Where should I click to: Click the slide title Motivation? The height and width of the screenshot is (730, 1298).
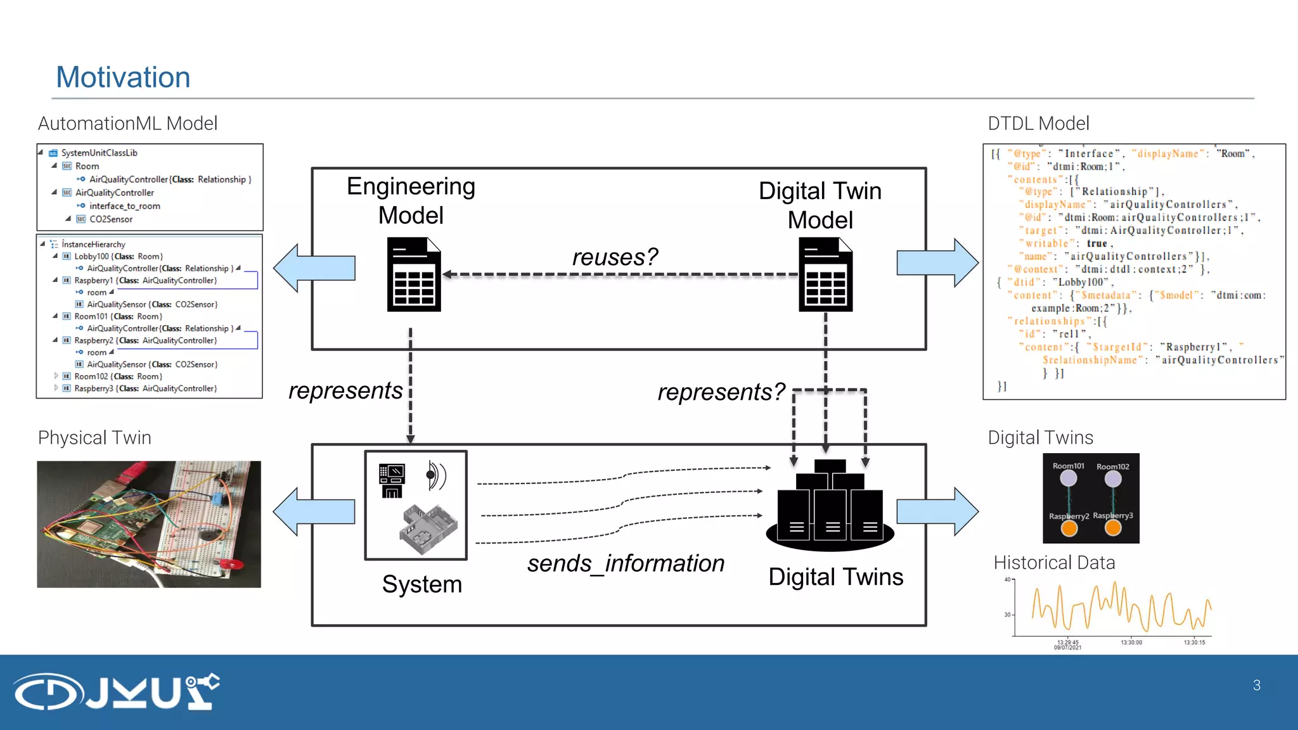point(123,77)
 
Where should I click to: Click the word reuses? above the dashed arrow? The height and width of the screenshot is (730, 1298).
point(614,257)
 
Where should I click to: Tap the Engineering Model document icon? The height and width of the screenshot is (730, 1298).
point(414,274)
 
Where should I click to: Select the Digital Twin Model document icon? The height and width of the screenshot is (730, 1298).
point(825,274)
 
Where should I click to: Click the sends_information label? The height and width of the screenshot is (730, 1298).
point(625,563)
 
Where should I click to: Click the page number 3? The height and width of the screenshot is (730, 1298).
point(1256,685)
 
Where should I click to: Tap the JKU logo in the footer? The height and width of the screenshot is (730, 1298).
point(117,691)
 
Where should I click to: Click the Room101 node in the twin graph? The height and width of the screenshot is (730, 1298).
point(1069,478)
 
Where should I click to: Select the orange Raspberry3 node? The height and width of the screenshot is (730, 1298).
point(1113,528)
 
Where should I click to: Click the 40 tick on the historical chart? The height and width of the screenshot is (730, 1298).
point(1007,579)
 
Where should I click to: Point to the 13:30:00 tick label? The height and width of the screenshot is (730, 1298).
point(1131,643)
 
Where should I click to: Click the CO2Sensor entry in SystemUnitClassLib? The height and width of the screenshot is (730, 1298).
point(111,219)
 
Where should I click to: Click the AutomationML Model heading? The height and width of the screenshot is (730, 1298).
point(127,123)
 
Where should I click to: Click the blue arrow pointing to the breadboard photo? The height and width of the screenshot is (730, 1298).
point(313,511)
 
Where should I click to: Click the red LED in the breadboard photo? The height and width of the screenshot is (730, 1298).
point(234,564)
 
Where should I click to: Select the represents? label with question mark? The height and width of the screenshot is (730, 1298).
point(721,392)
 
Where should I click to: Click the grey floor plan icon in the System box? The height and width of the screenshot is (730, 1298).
point(428,529)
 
